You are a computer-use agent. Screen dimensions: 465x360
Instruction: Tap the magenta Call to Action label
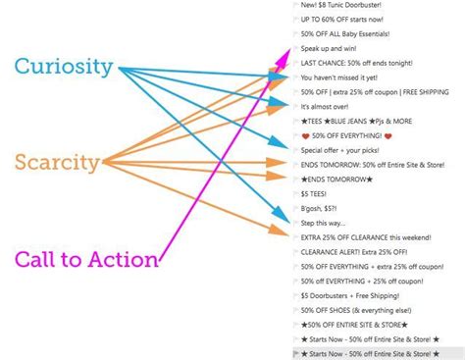click(86, 260)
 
